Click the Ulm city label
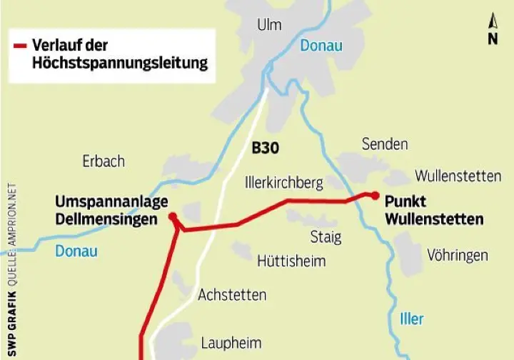tap(269, 25)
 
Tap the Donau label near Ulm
tap(321, 46)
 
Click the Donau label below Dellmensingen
tap(76, 251)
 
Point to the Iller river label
tap(411, 319)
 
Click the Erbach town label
tap(104, 161)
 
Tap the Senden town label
tap(385, 144)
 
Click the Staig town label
tap(326, 236)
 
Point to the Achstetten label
tap(232, 294)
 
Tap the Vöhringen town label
tap(458, 255)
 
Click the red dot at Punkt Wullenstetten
tap(375, 194)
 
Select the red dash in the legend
tap(20, 46)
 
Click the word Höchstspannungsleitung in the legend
tap(119, 63)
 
